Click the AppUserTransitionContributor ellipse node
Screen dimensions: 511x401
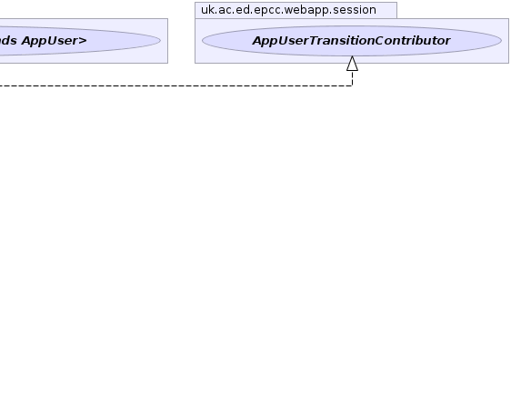tap(352, 41)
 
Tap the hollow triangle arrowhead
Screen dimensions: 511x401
tap(352, 64)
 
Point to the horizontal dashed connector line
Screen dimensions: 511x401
tap(176, 85)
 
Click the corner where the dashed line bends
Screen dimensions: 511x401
tap(352, 85)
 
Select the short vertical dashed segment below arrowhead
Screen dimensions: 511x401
tap(352, 78)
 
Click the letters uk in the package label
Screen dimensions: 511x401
tap(207, 10)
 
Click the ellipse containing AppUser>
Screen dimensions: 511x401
tap(80, 41)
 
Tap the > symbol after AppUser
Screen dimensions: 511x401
tap(83, 41)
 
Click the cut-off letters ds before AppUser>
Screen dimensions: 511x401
tap(9, 41)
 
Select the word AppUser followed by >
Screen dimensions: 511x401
tap(50, 41)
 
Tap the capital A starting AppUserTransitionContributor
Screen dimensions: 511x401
tap(257, 41)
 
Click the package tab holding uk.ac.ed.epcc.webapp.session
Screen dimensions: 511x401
tap(296, 10)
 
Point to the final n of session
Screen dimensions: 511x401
tap(373, 11)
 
